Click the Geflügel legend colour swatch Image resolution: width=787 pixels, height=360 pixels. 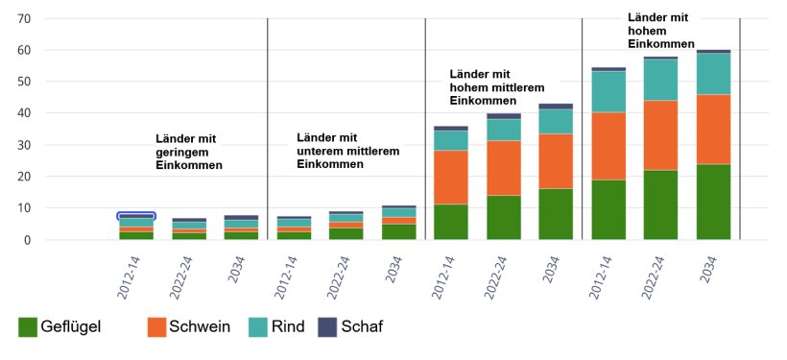coord(28,327)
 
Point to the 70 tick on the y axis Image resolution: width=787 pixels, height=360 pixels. coord(24,18)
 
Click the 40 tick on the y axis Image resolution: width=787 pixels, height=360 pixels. coord(24,113)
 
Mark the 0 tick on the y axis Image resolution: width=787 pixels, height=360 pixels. coord(28,240)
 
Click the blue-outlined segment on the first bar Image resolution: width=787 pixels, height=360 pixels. coord(136,216)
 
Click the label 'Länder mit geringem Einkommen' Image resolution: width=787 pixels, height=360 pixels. coord(189,152)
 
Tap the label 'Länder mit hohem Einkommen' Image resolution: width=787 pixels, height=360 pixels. coord(660,31)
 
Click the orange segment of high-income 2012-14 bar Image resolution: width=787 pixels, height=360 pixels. coord(608,146)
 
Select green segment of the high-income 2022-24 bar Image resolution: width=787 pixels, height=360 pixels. coord(660,204)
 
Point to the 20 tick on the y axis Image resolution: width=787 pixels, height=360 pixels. coord(24,177)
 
